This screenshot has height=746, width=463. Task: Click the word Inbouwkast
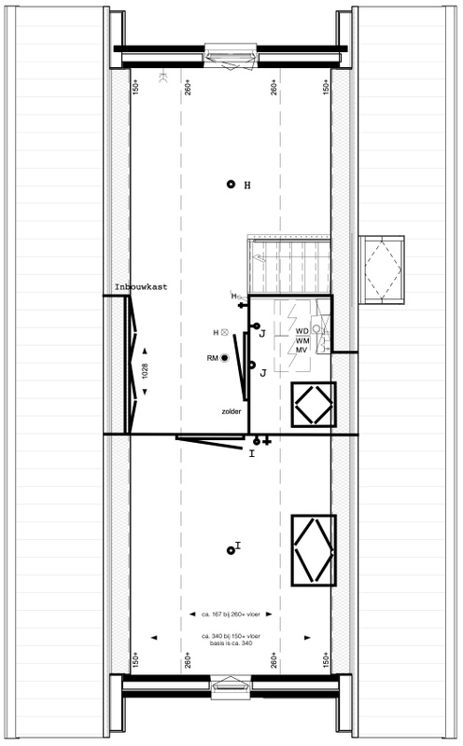click(x=140, y=287)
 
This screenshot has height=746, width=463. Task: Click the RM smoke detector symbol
click(x=224, y=358)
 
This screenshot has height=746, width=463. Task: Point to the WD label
click(x=302, y=331)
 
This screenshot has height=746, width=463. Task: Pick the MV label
click(x=302, y=350)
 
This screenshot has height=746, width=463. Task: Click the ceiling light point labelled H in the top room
click(x=231, y=185)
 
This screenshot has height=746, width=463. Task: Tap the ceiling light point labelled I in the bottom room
click(x=231, y=549)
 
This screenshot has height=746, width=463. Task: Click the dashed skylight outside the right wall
click(x=383, y=269)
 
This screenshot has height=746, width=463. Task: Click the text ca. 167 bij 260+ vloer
click(x=231, y=615)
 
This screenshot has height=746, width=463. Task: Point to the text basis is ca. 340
click(x=231, y=642)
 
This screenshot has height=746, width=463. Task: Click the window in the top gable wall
click(x=230, y=58)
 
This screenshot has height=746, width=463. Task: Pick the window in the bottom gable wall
click(x=230, y=688)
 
